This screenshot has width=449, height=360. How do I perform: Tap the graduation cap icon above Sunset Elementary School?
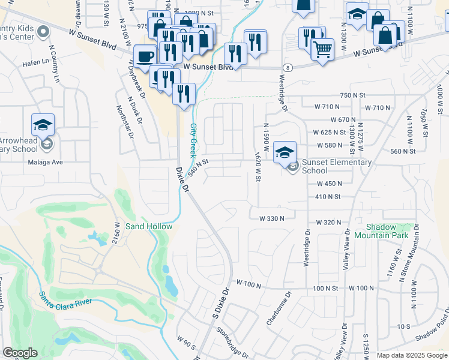point(285,151)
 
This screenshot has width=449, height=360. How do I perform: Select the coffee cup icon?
point(145,56)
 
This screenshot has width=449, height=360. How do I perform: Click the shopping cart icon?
point(322,49)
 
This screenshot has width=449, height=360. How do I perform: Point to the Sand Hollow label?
point(148,226)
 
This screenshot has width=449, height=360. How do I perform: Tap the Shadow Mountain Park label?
point(388,231)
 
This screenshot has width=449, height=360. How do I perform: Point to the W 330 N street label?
point(271,219)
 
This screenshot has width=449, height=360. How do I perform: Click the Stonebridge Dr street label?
point(232,344)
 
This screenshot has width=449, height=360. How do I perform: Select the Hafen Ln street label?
point(35,61)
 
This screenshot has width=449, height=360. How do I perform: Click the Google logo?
point(20,353)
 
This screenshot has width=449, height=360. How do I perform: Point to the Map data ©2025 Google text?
point(411,355)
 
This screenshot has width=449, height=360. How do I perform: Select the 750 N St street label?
point(352,95)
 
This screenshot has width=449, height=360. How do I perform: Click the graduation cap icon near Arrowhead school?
point(43,124)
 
